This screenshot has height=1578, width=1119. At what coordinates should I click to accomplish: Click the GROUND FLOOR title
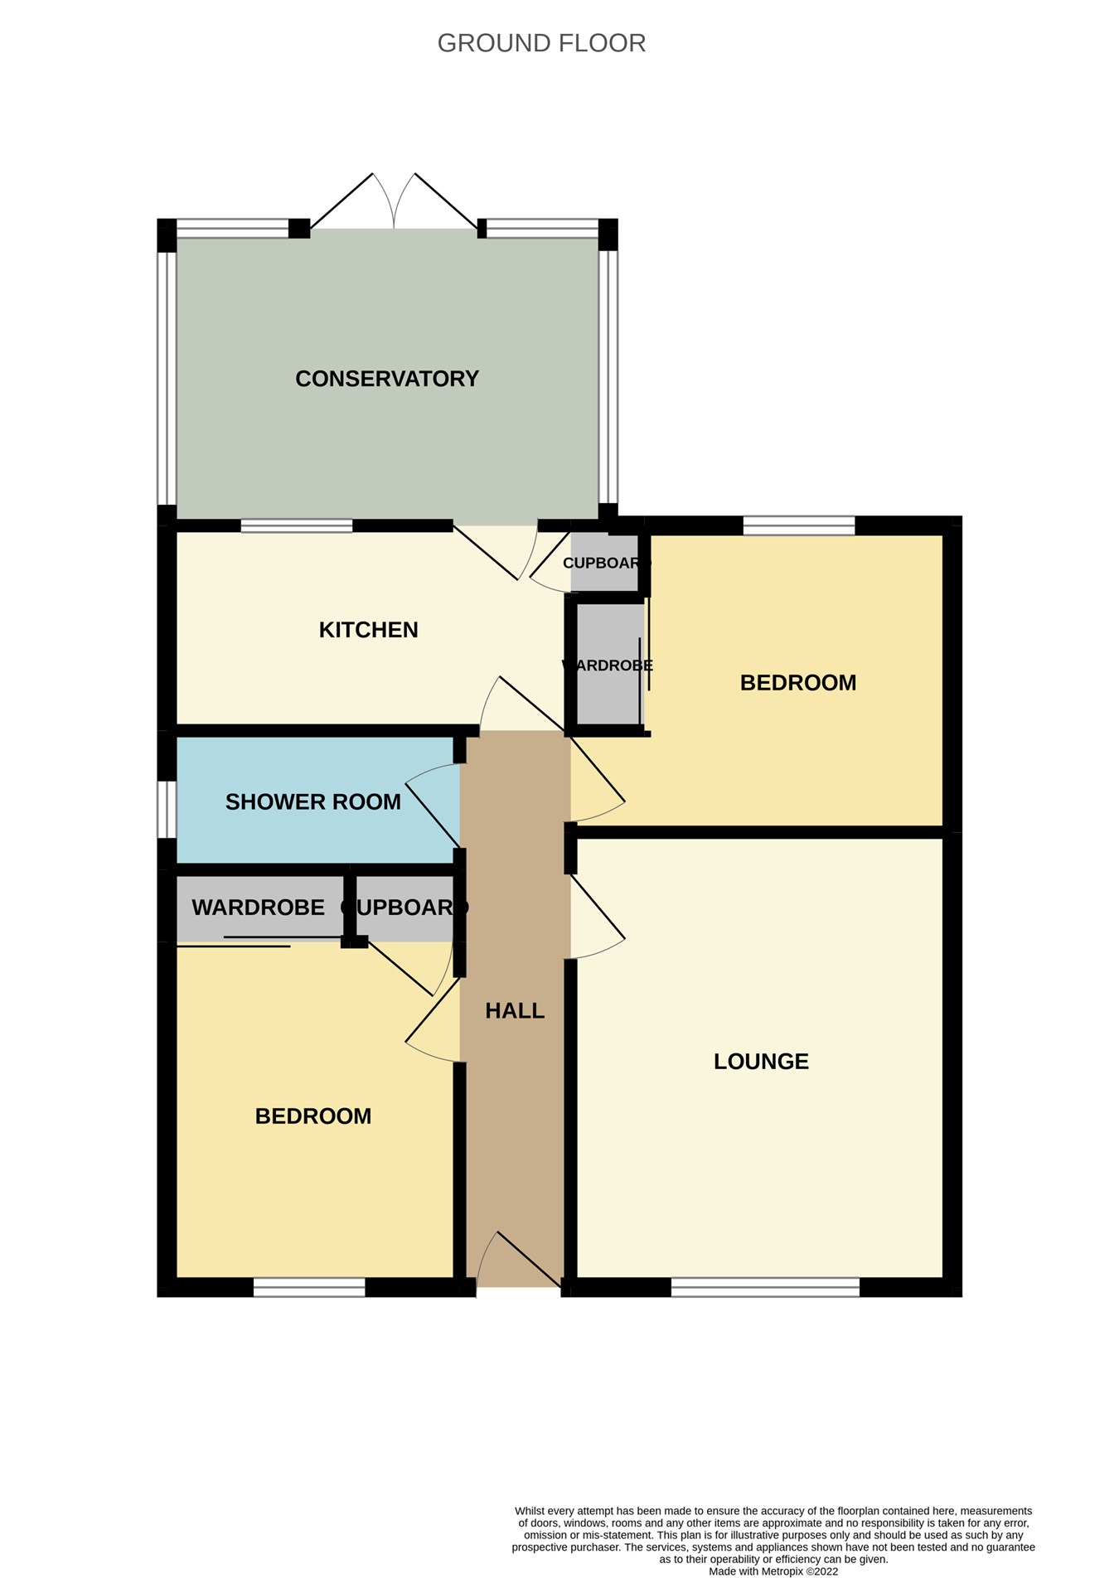541,43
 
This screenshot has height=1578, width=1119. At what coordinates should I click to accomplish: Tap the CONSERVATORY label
387,379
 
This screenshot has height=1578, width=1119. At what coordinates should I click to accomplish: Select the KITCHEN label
368,630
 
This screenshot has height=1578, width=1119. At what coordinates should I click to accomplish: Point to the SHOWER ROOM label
312,801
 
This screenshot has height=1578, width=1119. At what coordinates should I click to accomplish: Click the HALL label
515,1010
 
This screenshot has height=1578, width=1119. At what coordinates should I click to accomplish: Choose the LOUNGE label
761,1062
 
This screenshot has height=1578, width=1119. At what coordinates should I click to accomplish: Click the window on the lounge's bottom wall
765,1287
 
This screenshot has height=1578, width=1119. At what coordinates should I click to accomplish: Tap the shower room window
167,809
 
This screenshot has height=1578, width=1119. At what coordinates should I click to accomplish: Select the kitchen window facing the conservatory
296,525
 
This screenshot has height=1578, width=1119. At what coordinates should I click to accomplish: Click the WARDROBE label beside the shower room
258,908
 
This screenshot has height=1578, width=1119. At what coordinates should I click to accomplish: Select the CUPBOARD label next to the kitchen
603,564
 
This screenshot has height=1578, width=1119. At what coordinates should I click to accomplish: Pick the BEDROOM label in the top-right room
797,683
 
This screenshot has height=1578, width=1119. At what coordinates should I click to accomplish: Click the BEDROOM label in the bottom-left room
312,1116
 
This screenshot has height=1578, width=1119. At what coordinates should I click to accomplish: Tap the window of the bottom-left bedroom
308,1287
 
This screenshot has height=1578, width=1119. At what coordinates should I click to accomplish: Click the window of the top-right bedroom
798,525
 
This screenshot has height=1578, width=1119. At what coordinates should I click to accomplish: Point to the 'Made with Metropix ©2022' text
773,1571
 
